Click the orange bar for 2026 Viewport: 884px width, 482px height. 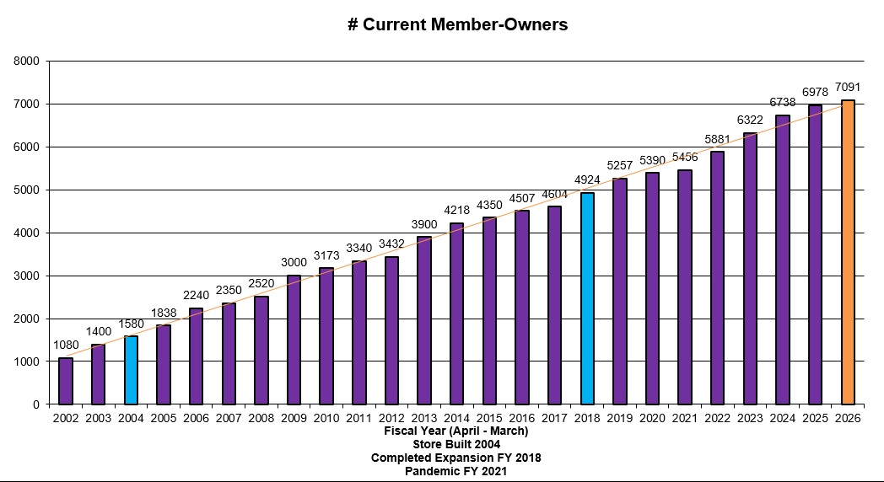click(848, 252)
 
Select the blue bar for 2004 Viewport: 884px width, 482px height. click(131, 370)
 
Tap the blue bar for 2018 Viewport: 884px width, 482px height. click(587, 298)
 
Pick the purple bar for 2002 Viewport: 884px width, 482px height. click(66, 381)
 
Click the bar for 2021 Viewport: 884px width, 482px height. click(685, 287)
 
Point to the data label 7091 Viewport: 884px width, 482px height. click(848, 88)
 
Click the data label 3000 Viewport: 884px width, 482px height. click(294, 262)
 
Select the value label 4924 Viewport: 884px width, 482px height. click(587, 180)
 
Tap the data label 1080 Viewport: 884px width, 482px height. click(66, 345)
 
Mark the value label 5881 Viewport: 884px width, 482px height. click(718, 139)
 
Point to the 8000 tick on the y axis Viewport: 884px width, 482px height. click(26, 61)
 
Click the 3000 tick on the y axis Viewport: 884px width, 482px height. click(26, 276)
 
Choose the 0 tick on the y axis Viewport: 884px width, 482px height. click(36, 404)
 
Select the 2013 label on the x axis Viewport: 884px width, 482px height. click(424, 418)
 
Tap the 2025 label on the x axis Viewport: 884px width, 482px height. click(815, 418)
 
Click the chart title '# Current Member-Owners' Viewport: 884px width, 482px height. click(458, 24)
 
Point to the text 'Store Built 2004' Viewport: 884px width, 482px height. click(456, 445)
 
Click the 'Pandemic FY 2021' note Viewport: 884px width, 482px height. click(455, 471)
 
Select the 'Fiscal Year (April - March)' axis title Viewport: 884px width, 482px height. click(456, 431)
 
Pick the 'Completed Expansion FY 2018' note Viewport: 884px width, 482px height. click(456, 458)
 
